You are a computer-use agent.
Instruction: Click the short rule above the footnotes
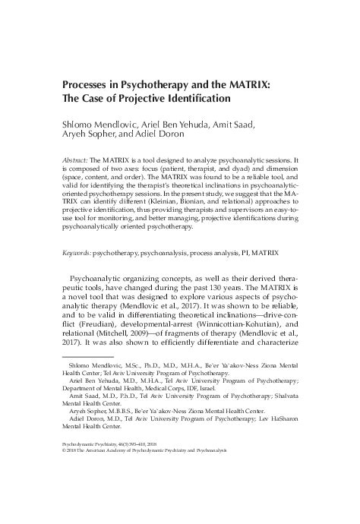86,377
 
